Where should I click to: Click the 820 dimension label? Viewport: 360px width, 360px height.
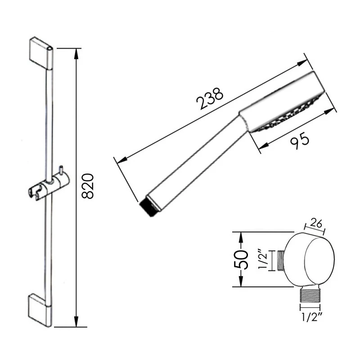(x=88, y=185)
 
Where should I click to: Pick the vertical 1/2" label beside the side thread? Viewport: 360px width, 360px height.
(x=264, y=260)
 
